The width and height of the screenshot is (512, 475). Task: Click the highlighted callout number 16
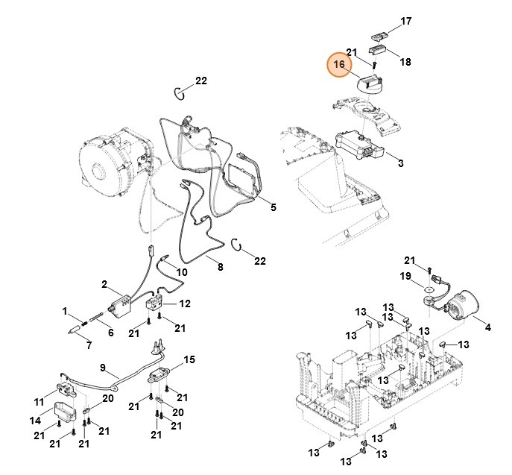[339, 66]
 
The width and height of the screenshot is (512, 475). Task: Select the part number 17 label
[406, 22]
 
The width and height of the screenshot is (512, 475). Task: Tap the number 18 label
[405, 62]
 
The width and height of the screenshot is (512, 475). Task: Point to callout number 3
[400, 163]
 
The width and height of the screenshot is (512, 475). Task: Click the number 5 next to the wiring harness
[273, 207]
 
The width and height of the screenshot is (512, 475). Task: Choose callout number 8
[220, 266]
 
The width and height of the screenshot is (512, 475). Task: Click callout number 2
[106, 285]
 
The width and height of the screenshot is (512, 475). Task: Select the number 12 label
[185, 303]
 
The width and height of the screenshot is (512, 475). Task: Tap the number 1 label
[65, 311]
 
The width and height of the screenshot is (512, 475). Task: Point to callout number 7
[88, 345]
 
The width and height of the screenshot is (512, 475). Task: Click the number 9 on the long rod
[104, 368]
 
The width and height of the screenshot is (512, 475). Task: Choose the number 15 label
[189, 360]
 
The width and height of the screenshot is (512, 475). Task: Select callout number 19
[405, 277]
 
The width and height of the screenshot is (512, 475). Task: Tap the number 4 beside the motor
[488, 327]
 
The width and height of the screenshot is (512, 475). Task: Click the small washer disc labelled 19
[431, 289]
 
